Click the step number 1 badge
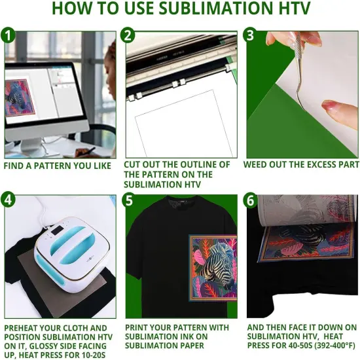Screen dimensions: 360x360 point(8,35)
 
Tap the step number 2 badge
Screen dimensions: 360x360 point(130,35)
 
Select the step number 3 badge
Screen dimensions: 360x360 point(251,35)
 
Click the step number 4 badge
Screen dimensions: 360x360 point(9,200)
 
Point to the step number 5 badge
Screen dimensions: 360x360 point(130,200)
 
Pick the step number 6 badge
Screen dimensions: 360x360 point(251,200)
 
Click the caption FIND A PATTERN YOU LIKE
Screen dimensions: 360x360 point(57,166)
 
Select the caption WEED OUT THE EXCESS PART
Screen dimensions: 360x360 point(301,165)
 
